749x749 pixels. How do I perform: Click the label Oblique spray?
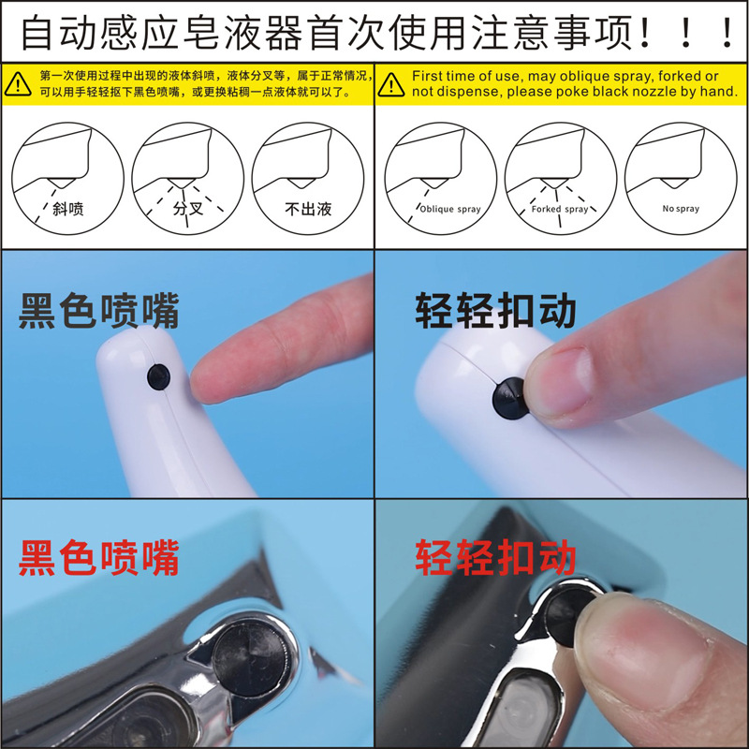pyautogui.click(x=449, y=210)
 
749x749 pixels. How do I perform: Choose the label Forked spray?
pyautogui.click(x=560, y=210)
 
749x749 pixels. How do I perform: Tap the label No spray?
pyautogui.click(x=681, y=209)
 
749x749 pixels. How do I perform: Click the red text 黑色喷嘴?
pyautogui.click(x=98, y=559)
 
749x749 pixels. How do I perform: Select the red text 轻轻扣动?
pyautogui.click(x=495, y=559)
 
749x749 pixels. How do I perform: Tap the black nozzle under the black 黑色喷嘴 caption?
pyautogui.click(x=157, y=376)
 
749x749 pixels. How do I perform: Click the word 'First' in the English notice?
pyautogui.click(x=428, y=76)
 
